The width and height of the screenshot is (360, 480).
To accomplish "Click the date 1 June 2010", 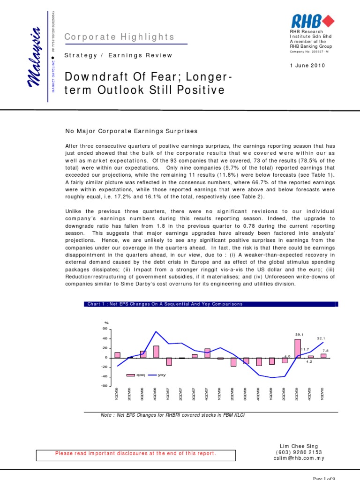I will point(308,65).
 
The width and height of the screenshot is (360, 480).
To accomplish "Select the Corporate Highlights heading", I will point(120,37).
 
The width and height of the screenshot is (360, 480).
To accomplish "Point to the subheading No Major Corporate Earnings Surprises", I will point(132,131).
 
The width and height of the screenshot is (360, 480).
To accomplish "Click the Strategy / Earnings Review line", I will point(119,55).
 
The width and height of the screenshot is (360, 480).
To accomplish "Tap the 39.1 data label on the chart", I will point(300,334).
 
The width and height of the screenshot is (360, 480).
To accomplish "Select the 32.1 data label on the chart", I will point(321,338).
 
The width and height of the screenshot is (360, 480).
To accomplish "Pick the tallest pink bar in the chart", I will point(298,348).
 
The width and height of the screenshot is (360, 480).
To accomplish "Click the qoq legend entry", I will point(137,375).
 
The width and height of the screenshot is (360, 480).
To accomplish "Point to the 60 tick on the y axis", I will point(105,329).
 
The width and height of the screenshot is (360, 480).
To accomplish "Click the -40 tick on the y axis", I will point(105,376).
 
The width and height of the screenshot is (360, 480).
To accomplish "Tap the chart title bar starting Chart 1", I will point(211,304).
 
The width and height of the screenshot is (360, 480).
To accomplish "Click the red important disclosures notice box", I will point(135,453).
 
